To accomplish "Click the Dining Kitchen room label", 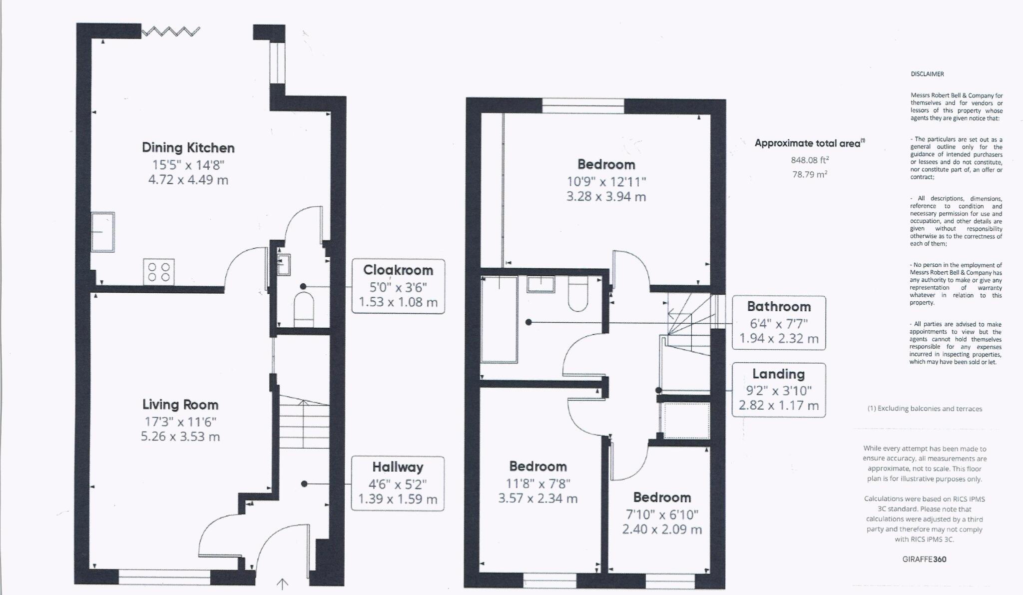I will point(188,148).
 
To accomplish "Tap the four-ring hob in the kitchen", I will point(159,272).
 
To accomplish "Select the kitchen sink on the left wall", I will point(102,232).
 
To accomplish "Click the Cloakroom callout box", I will point(398,286).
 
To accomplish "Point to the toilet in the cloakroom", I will point(303,309).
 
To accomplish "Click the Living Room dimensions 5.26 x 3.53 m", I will point(180,437).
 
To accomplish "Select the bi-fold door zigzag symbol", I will point(171,32).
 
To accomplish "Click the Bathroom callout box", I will point(778,323).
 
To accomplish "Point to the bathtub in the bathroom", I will point(499,320).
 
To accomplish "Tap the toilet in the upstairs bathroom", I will point(578,295).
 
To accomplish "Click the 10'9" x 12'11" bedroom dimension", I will point(606,181).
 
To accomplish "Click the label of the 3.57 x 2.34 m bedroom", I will point(537,467).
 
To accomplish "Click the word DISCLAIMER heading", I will point(927,74).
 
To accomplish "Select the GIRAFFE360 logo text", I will point(924,560).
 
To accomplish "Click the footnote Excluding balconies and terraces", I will point(925,409).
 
